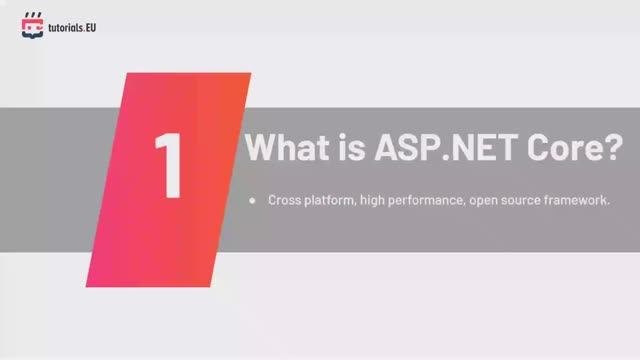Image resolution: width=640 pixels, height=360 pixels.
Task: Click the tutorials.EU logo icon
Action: point(32,24)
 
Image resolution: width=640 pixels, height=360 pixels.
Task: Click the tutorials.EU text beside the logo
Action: point(72,25)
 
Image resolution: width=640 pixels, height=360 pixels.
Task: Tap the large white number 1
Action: point(169,163)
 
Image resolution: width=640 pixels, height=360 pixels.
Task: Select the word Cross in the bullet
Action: point(283,201)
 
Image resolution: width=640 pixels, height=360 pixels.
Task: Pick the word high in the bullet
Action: point(375,202)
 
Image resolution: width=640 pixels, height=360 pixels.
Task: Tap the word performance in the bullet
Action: point(432,202)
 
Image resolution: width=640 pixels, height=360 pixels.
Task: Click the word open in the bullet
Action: point(490,202)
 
